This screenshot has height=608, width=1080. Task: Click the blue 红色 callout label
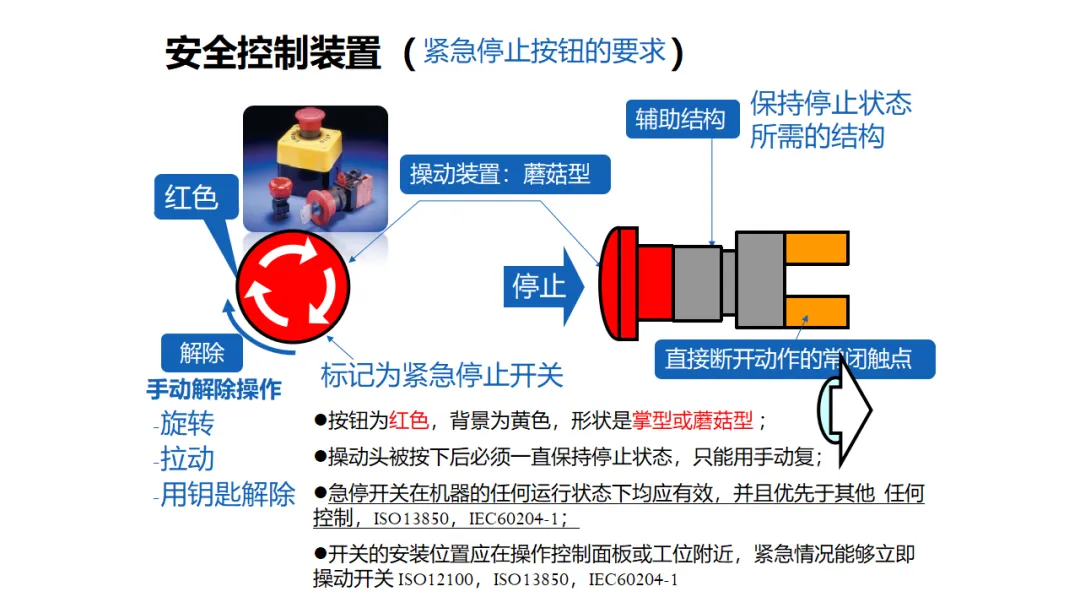(196, 198)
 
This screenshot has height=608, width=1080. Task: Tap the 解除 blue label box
(202, 353)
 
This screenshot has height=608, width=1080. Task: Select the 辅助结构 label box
(682, 119)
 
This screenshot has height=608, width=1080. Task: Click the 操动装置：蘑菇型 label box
(505, 174)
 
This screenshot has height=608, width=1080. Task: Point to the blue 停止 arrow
(543, 286)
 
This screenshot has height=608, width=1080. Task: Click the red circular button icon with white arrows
(293, 286)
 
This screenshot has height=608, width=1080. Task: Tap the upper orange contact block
(816, 248)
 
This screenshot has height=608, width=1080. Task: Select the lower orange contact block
(816, 312)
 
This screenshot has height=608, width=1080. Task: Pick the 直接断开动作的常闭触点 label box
(795, 359)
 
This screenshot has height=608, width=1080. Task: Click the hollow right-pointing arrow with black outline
(845, 410)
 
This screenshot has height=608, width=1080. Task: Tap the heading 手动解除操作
(214, 390)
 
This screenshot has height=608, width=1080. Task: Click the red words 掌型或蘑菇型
(692, 420)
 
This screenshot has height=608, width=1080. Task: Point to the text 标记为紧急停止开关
(442, 375)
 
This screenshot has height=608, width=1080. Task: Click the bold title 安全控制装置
(273, 53)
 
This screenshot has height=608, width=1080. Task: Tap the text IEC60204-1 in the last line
(633, 580)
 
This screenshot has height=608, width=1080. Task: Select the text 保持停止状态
(831, 103)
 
